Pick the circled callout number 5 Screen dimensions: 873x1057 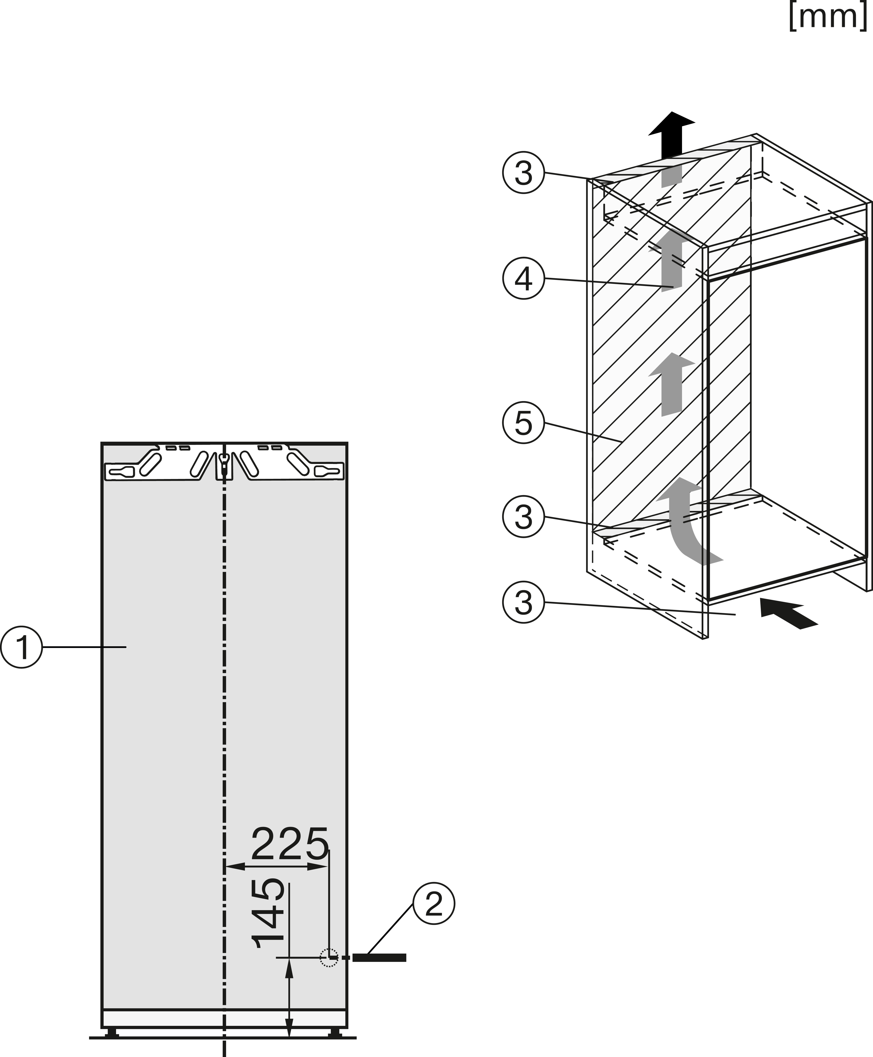(x=524, y=422)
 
